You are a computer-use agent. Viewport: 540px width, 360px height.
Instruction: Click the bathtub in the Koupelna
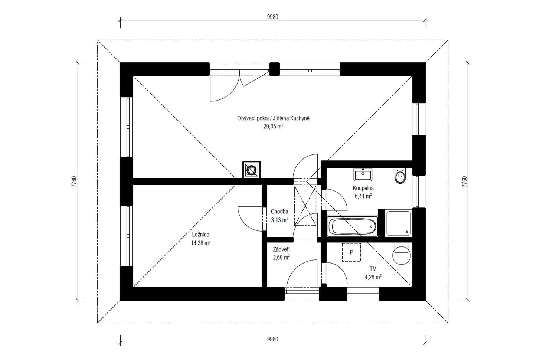(352, 226)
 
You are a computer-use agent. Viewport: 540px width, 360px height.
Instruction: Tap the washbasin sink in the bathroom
(363, 174)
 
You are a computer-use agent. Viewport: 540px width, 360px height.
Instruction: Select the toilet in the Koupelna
(400, 176)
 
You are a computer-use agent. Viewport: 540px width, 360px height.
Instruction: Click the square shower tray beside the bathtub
(399, 223)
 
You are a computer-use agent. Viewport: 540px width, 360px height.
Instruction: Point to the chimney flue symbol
(251, 170)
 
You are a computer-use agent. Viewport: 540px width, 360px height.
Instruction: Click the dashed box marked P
(351, 252)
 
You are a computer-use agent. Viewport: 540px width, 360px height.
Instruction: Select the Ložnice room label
(200, 235)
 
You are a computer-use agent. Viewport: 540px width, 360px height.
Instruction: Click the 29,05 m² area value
(273, 126)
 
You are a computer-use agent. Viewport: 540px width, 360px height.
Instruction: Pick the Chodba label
(279, 212)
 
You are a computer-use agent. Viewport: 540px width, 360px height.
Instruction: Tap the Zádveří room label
(281, 249)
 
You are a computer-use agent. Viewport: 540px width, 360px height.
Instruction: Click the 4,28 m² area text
(373, 277)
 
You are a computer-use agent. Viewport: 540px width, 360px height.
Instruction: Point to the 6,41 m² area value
(363, 196)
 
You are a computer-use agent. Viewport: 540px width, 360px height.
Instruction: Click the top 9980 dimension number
(273, 17)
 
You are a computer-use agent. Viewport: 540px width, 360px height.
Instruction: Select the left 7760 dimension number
(74, 181)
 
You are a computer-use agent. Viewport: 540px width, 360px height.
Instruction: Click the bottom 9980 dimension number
(273, 339)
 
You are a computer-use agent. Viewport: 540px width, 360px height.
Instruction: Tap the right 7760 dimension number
(464, 181)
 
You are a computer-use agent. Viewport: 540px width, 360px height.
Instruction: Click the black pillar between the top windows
(275, 69)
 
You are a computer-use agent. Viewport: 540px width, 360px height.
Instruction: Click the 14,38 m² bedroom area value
(200, 243)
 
